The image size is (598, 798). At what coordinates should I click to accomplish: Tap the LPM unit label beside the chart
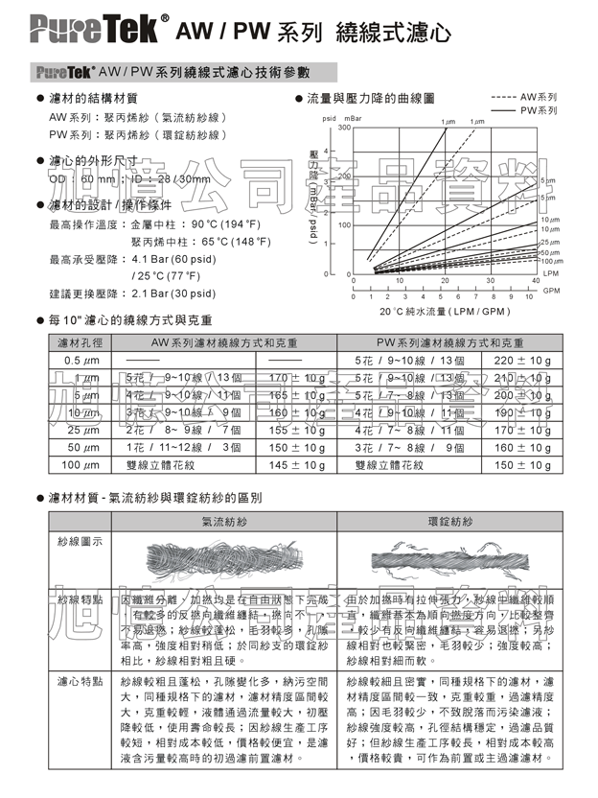point(550,273)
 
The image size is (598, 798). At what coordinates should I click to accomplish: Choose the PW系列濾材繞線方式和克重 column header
point(447,342)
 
